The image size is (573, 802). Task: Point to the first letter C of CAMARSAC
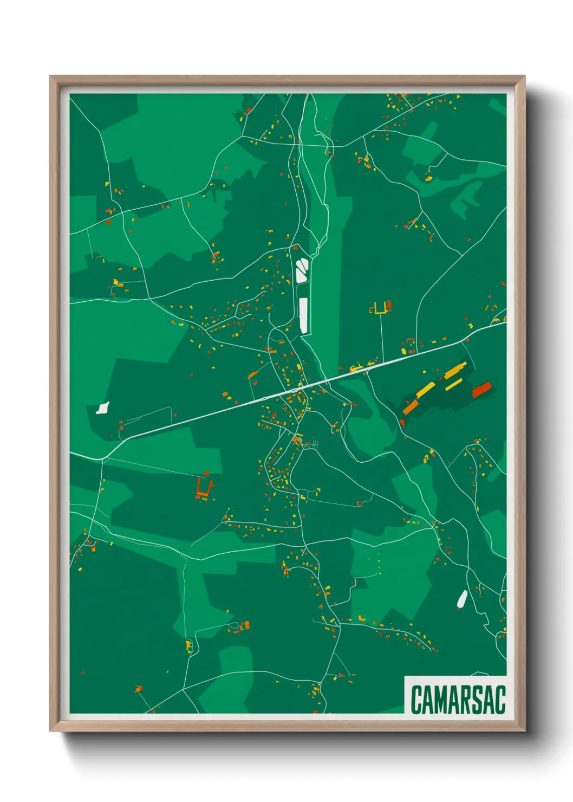[x=416, y=700]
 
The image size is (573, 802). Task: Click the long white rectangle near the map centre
[x=303, y=315]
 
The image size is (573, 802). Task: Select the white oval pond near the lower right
[x=462, y=599]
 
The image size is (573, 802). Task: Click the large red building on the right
[x=481, y=390]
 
